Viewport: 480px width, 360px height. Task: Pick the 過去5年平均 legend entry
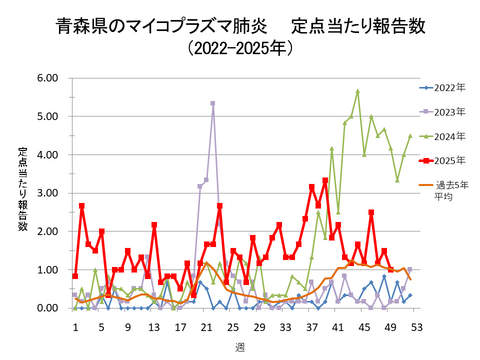[444, 190]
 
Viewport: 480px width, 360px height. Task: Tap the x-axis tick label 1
[75, 326]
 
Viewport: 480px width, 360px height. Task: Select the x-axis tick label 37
[311, 326]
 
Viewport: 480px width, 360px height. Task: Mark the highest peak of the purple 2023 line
[213, 103]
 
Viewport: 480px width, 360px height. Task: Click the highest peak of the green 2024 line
[357, 91]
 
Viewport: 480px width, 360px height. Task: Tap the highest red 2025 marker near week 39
[325, 181]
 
